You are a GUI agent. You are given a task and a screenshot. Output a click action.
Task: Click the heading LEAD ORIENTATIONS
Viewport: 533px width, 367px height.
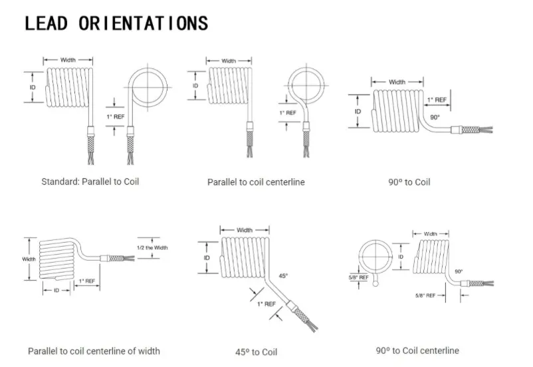coord(116,23)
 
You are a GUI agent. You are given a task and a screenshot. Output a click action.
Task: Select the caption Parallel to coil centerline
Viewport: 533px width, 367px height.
coord(256,182)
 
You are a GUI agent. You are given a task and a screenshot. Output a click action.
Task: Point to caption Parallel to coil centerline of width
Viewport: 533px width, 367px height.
coord(94,350)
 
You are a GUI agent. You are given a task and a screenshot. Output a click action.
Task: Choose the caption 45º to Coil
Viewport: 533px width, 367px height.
coord(255,352)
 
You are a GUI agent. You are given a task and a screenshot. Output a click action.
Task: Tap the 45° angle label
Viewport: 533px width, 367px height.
coord(282,275)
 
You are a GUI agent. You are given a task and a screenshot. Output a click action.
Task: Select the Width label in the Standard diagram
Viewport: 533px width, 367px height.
coord(68,60)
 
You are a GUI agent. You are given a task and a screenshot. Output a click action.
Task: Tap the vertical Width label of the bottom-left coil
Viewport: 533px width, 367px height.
coord(29,259)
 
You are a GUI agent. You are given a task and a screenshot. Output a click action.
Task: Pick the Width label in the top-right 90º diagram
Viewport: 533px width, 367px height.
coord(397,82)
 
